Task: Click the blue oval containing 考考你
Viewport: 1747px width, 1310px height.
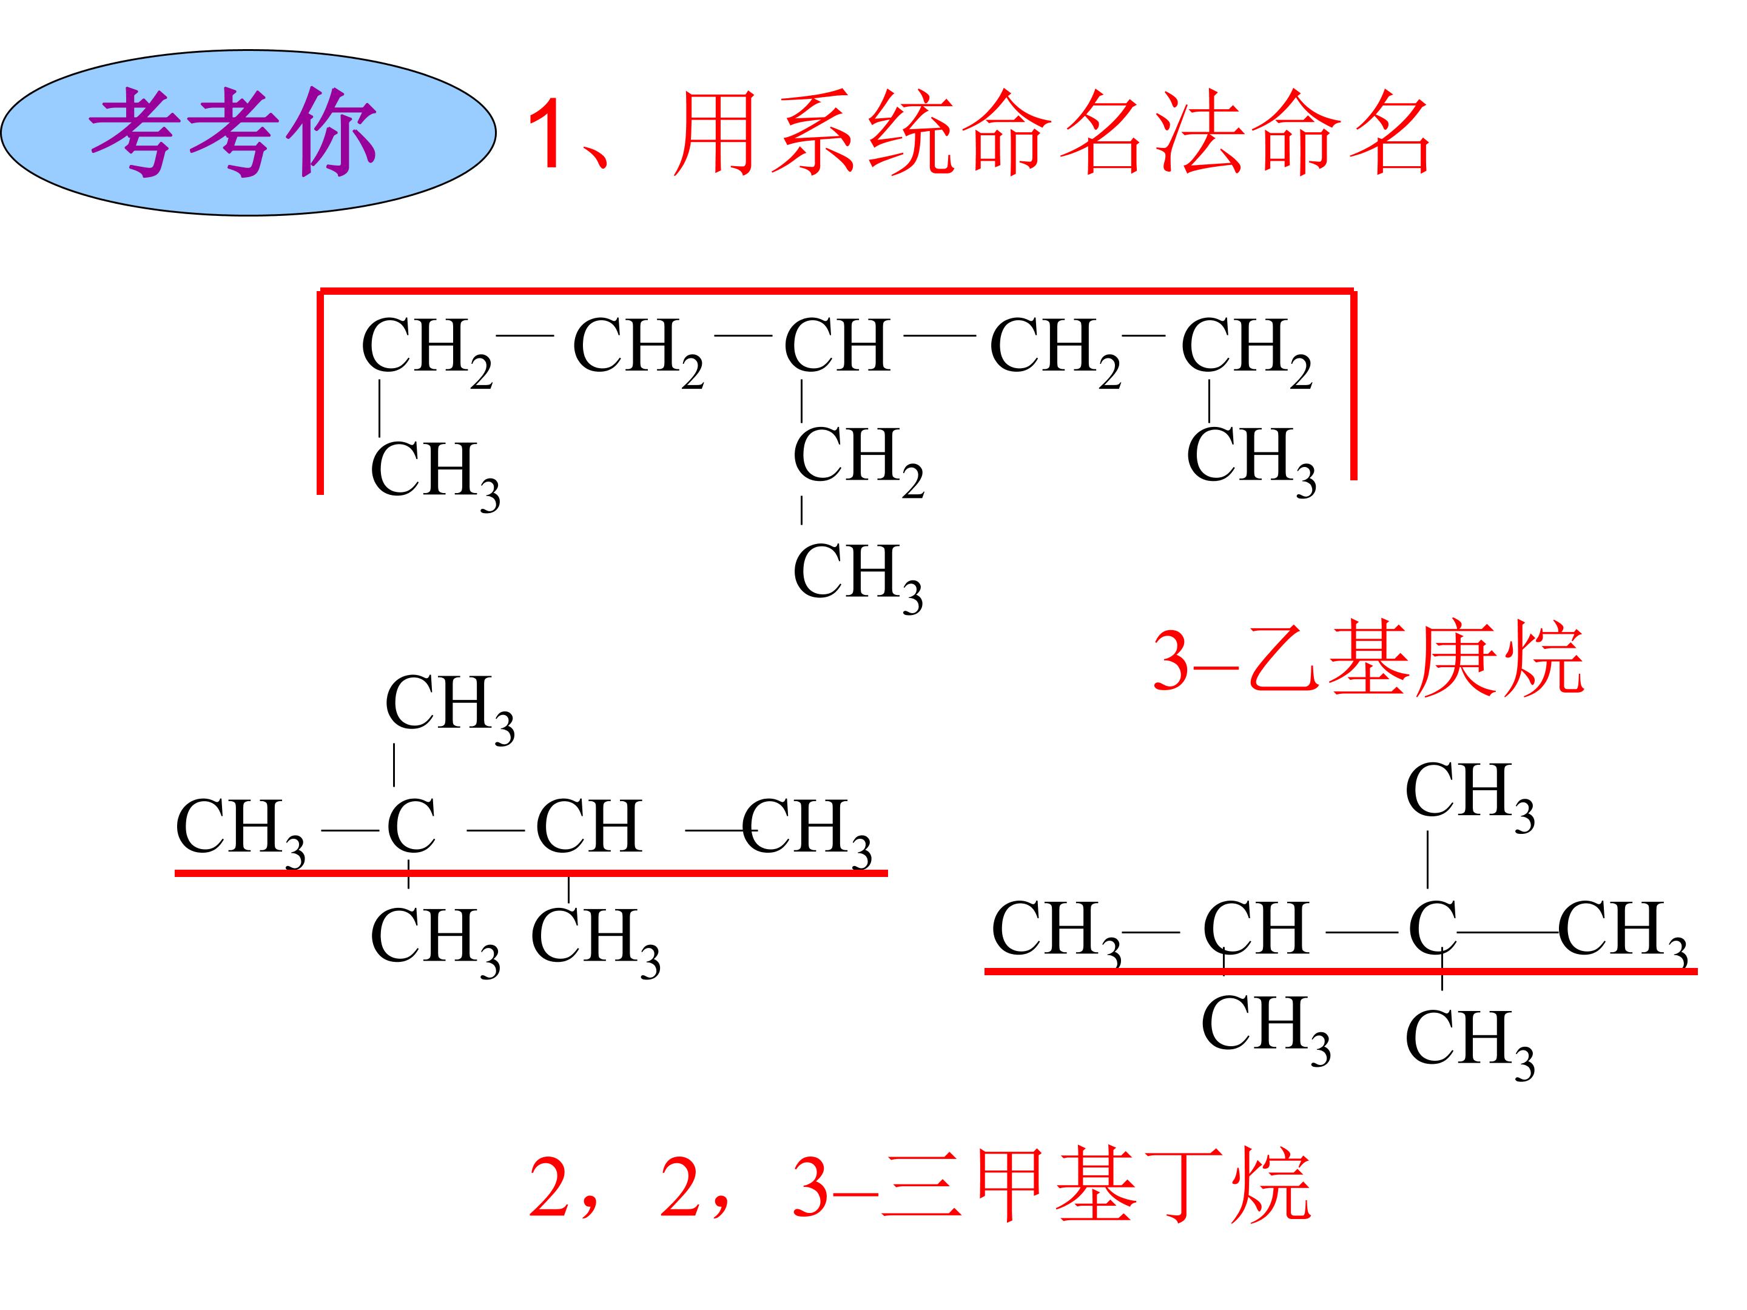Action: [x=249, y=133]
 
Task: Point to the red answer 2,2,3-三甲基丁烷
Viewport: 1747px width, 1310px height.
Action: [x=920, y=1184]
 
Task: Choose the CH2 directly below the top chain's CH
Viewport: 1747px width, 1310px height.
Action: [x=858, y=460]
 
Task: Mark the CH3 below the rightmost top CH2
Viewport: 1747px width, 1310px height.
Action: [x=1251, y=460]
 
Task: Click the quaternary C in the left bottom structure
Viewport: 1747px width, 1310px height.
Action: [x=411, y=826]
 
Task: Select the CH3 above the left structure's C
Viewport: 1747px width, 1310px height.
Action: [x=450, y=708]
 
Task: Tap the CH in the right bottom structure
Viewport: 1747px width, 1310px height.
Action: [x=1256, y=929]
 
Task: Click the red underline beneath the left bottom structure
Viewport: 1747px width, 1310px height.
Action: [x=531, y=873]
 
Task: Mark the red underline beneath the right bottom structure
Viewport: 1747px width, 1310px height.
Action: [x=1340, y=971]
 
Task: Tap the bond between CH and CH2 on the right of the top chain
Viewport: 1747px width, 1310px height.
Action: [x=940, y=335]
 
